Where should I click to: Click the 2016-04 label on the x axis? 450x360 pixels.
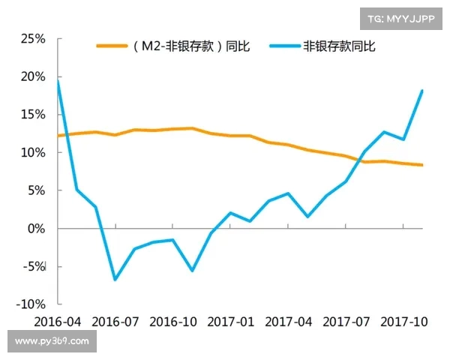[58, 321]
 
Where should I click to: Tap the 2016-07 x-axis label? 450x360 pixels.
[115, 321]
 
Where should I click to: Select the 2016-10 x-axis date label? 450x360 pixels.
[173, 321]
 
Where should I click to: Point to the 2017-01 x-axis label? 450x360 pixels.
[231, 321]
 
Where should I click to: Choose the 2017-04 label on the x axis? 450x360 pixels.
[289, 321]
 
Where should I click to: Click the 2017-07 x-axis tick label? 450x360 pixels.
[346, 321]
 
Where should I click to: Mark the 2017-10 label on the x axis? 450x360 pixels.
[403, 321]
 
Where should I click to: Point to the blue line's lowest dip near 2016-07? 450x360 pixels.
[115, 280]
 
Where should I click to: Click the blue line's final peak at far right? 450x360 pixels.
[422, 91]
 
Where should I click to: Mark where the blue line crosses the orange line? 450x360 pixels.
[361, 159]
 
